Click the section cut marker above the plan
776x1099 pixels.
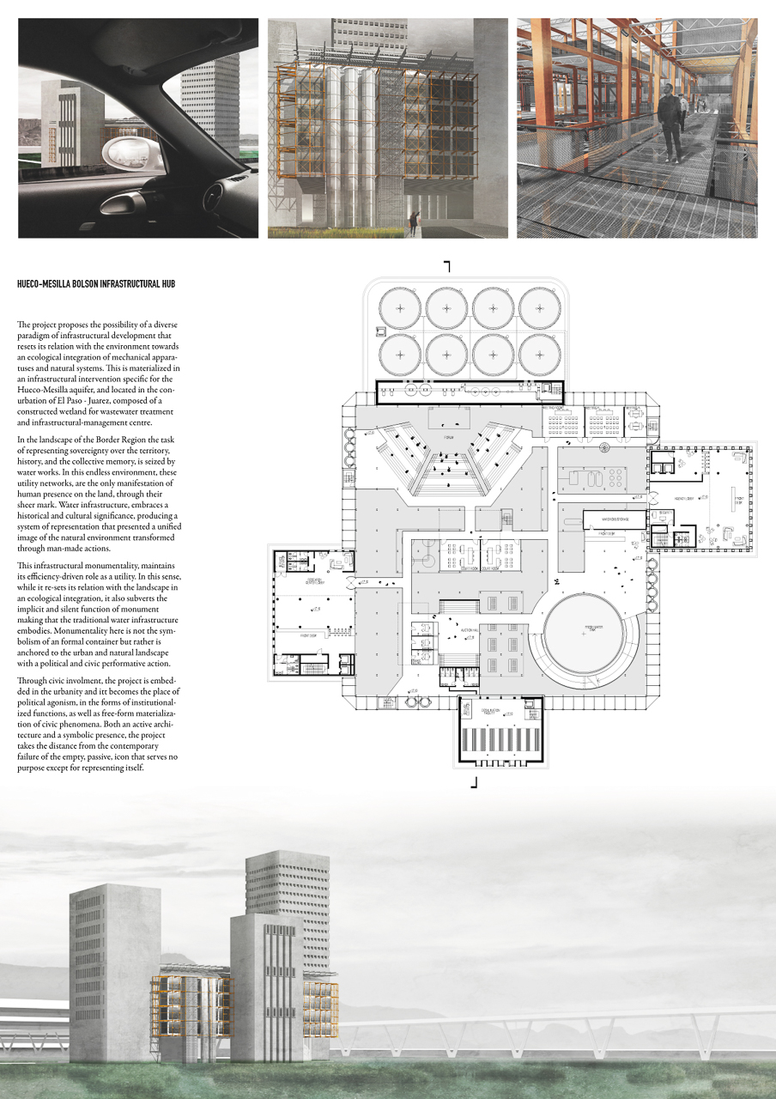[447, 266]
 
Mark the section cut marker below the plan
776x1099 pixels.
[475, 781]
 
